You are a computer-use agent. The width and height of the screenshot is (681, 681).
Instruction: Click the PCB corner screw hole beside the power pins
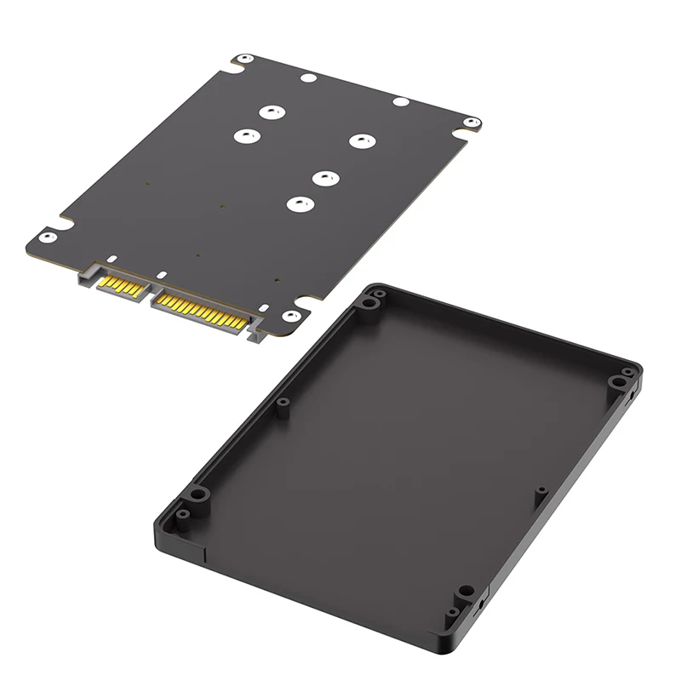coord(289,316)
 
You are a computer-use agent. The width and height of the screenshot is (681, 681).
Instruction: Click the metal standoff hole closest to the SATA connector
coord(297,203)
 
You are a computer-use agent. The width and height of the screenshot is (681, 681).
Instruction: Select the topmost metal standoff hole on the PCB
coord(272,112)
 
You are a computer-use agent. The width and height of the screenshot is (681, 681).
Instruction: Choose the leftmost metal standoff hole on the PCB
coord(245,136)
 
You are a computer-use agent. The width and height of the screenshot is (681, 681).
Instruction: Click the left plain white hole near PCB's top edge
coord(310,78)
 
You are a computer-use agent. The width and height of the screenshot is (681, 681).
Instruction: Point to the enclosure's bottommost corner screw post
coord(465,591)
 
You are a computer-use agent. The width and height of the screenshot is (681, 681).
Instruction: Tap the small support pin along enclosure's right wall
coord(539,491)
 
